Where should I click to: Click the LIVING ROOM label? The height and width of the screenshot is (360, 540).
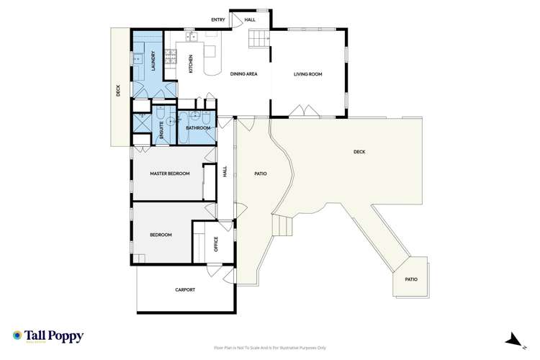pyautogui.click(x=307, y=73)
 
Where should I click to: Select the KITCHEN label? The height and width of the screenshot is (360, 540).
pyautogui.click(x=191, y=64)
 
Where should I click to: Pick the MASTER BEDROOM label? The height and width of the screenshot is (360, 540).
pyautogui.click(x=169, y=174)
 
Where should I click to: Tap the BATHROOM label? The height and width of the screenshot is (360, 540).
pyautogui.click(x=198, y=128)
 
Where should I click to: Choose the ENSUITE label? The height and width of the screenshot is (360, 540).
pyautogui.click(x=161, y=130)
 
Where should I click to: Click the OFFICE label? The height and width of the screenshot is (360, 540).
pyautogui.click(x=216, y=245)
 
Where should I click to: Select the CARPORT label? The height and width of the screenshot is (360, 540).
pyautogui.click(x=185, y=290)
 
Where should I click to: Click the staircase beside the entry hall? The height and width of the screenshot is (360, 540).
pyautogui.click(x=258, y=40)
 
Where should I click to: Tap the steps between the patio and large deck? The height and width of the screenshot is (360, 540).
pyautogui.click(x=286, y=226)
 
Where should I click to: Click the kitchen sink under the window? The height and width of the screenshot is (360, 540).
pyautogui.click(x=192, y=36)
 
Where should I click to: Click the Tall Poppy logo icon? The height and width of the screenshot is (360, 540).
pyautogui.click(x=17, y=335)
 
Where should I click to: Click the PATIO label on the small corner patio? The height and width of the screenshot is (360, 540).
pyautogui.click(x=410, y=279)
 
